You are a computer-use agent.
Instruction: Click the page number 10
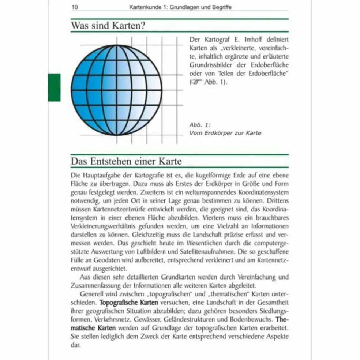(x=74, y=7)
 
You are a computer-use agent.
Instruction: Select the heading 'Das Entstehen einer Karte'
(x=126, y=161)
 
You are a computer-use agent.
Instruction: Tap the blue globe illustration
(x=116, y=90)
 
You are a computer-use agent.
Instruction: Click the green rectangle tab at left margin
(x=54, y=87)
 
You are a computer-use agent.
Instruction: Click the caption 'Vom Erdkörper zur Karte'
(x=225, y=133)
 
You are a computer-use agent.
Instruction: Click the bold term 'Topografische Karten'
(x=129, y=303)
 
